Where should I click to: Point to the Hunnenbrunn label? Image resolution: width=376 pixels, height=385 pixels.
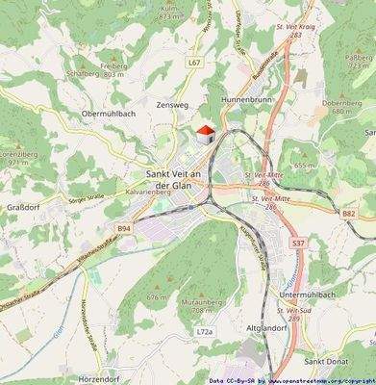[248, 99]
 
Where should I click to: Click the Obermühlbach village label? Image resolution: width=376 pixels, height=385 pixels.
[82, 114]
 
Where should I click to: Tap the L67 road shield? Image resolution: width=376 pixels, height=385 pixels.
[194, 62]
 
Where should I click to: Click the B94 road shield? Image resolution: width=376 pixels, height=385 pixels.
[124, 228]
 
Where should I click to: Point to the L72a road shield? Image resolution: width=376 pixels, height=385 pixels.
[203, 331]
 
